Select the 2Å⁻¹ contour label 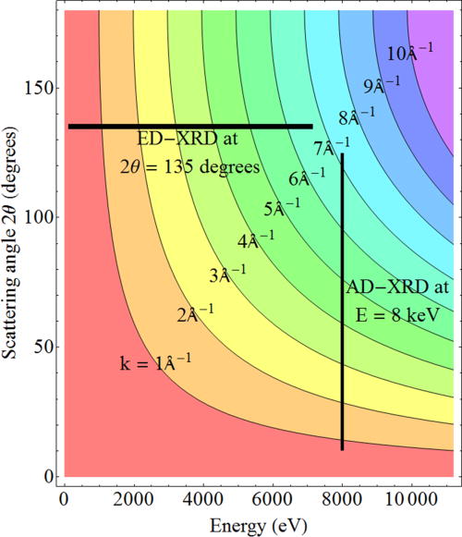click(195, 312)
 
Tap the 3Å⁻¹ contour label click(227, 274)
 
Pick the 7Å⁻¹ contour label click(332, 145)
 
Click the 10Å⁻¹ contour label click(405, 53)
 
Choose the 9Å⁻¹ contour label click(382, 86)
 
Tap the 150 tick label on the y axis click(37, 88)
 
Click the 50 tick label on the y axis click(42, 347)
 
